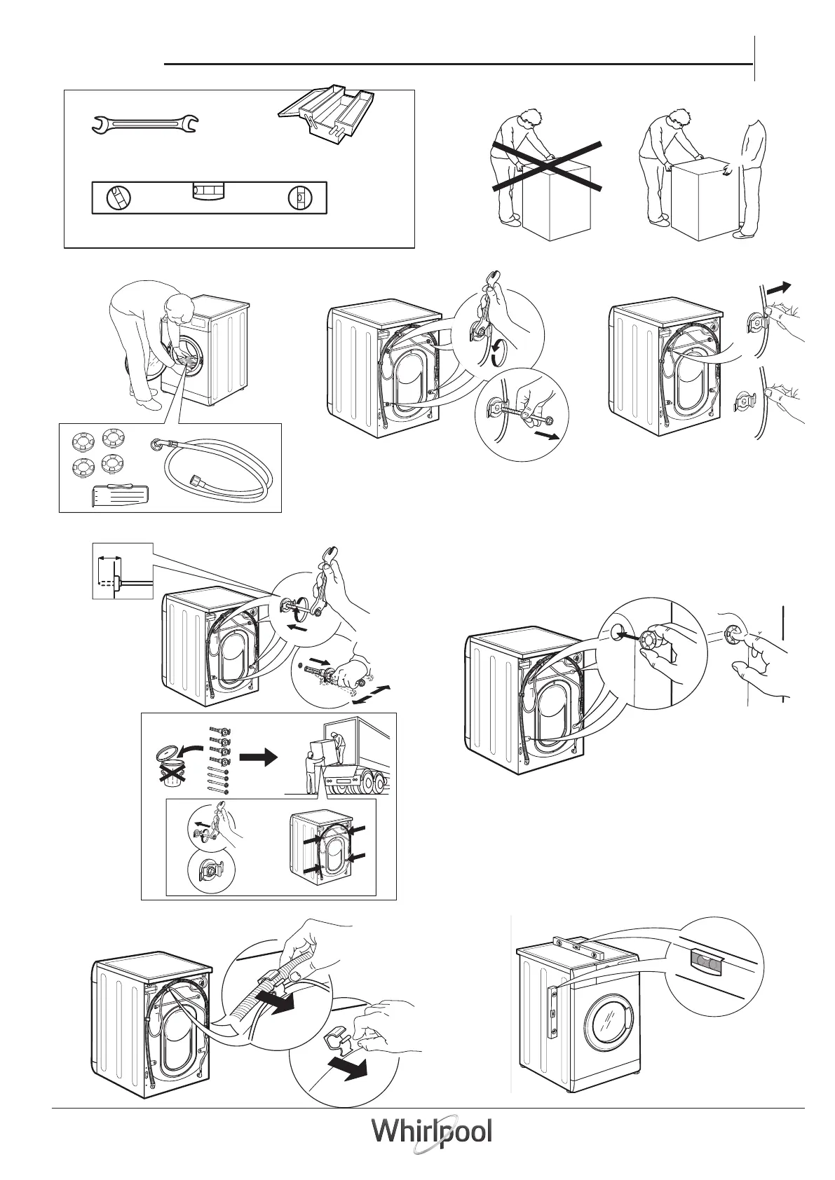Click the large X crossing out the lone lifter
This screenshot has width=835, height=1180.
547,166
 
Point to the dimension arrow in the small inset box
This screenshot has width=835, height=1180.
109,558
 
